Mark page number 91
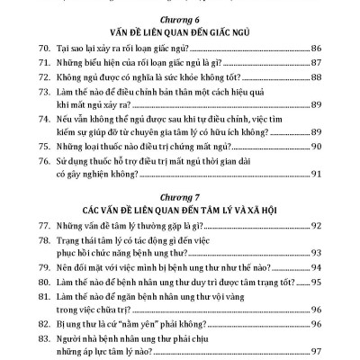click(319, 197)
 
